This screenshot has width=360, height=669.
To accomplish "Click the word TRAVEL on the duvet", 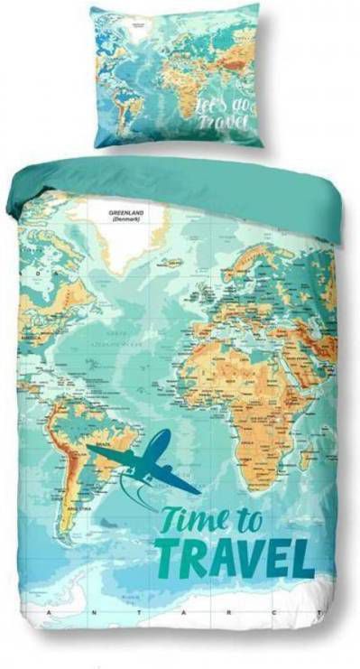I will (235, 555).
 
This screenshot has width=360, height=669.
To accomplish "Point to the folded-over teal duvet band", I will (180, 181).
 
